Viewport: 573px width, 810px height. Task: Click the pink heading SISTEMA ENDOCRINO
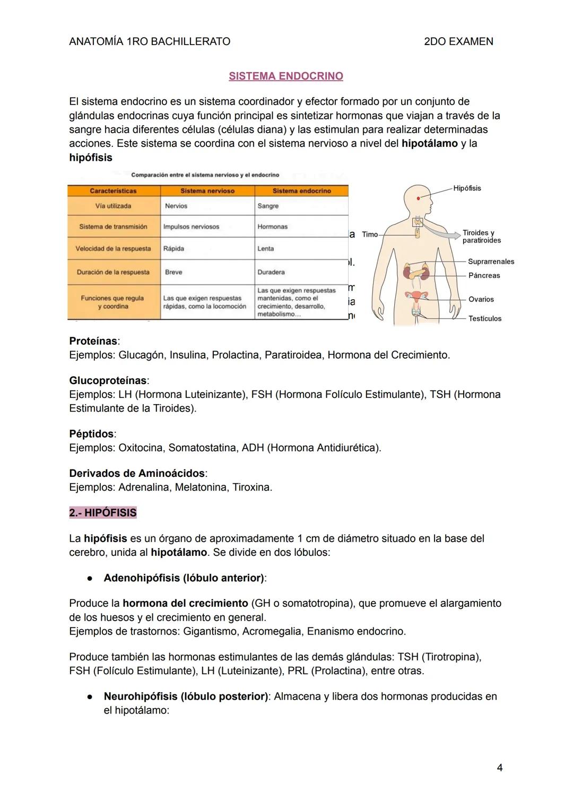click(x=285, y=76)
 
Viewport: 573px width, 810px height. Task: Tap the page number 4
click(x=499, y=768)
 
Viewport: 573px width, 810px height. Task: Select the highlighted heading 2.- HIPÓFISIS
click(x=103, y=513)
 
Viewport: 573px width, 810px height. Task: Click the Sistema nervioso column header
click(x=207, y=191)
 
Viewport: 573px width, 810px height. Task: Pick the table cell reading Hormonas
click(x=272, y=227)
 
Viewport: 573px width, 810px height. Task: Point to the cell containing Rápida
click(x=173, y=249)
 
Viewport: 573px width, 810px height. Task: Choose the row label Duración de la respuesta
click(x=113, y=272)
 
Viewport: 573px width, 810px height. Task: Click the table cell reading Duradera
click(x=271, y=272)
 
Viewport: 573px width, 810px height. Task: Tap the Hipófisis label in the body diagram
click(x=467, y=188)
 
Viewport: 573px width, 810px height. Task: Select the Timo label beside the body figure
click(x=370, y=234)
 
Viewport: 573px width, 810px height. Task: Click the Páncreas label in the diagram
click(x=484, y=275)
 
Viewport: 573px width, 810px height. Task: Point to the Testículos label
click(x=484, y=318)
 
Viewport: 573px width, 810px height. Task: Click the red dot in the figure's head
click(x=418, y=198)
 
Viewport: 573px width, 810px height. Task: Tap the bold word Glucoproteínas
click(x=108, y=381)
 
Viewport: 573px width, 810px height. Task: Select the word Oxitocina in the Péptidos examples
click(x=140, y=448)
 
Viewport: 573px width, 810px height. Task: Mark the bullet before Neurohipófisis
click(x=91, y=696)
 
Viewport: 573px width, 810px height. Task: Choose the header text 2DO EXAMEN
click(x=458, y=41)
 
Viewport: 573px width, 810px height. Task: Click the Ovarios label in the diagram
click(x=481, y=299)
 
